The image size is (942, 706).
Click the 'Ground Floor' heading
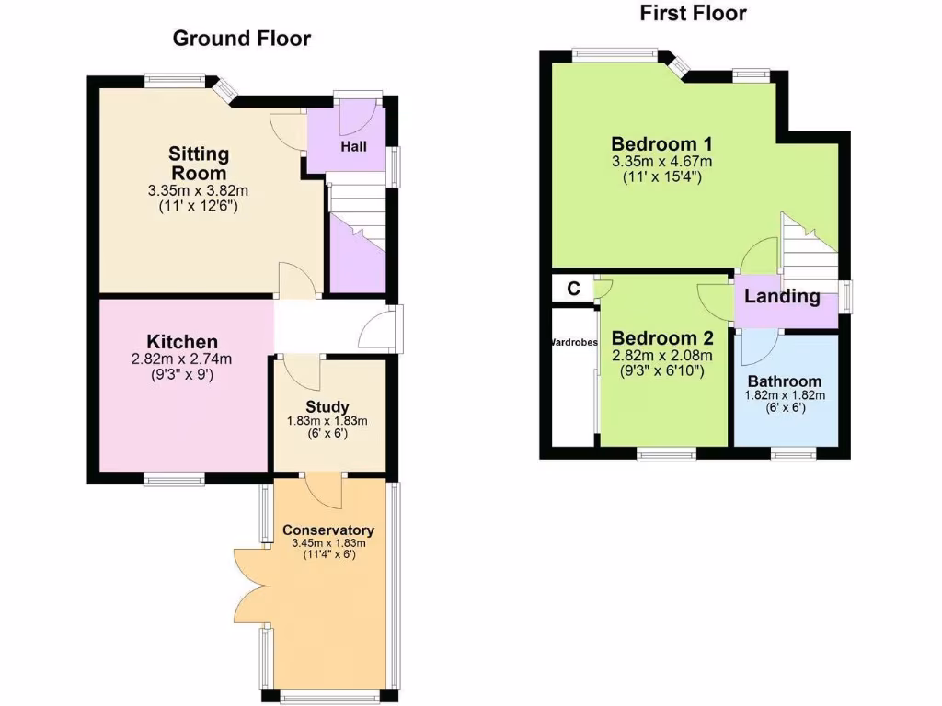click(242, 39)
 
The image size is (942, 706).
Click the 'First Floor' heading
click(693, 13)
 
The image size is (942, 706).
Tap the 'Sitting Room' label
click(199, 163)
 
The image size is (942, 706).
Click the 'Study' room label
click(327, 406)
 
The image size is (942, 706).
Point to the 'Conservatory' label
click(328, 530)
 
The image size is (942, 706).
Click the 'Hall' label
click(354, 146)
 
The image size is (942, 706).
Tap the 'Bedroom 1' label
click(662, 144)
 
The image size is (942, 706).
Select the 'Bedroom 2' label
click(662, 337)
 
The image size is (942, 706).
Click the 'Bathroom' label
click(785, 381)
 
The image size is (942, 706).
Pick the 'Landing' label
click(782, 296)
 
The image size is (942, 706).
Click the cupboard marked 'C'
click(573, 289)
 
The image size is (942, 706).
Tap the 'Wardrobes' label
click(573, 342)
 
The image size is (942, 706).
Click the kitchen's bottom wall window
click(173, 478)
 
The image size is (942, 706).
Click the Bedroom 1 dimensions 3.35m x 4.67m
click(662, 162)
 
